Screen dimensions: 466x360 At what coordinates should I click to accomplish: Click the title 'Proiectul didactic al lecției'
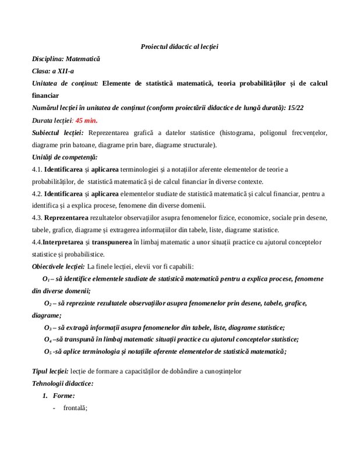[179, 47]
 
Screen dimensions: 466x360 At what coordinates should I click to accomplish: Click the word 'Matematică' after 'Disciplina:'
[83, 59]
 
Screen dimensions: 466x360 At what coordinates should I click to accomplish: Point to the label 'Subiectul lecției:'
[58, 133]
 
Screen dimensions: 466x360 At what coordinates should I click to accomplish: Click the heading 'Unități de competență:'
[65, 157]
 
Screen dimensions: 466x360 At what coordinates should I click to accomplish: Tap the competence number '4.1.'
[37, 170]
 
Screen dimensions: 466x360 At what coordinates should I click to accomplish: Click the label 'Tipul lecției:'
[51, 371]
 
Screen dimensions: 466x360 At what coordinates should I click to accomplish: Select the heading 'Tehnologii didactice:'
[63, 383]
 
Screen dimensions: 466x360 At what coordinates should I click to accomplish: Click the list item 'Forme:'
[63, 396]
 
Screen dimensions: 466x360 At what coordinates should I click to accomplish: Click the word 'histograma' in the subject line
[234, 133]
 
